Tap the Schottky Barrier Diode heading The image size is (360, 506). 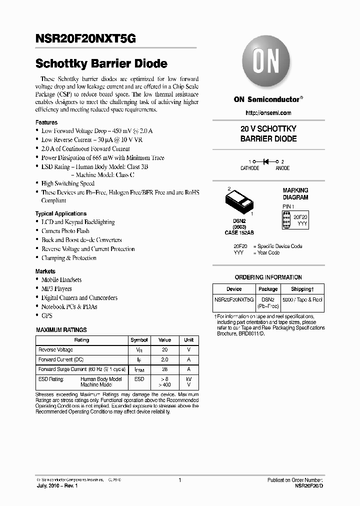click(x=101, y=64)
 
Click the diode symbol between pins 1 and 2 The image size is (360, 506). click(x=266, y=161)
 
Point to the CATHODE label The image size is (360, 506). click(x=250, y=168)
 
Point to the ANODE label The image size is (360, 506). click(x=282, y=168)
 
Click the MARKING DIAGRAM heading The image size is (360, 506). click(x=295, y=194)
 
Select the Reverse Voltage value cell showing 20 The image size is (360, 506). click(x=164, y=350)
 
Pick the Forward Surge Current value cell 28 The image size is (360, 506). click(x=164, y=369)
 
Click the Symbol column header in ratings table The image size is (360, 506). click(x=139, y=340)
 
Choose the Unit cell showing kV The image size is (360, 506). click(x=188, y=379)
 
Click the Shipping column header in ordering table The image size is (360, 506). click(x=302, y=289)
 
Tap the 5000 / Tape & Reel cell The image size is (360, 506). click(x=302, y=299)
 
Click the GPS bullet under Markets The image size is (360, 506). click(x=46, y=315)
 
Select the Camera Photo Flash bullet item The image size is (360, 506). click(x=65, y=231)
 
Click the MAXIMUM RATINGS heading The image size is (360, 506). click(x=61, y=330)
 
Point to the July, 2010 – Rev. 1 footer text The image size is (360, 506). click(x=56, y=486)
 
